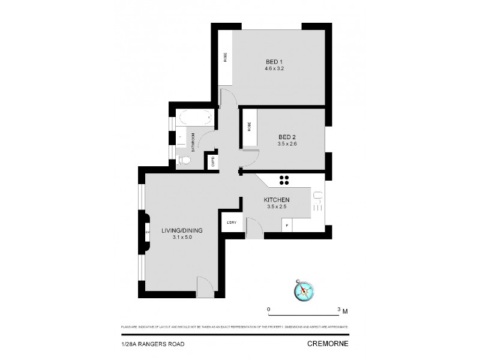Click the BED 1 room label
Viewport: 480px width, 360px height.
pos(274,61)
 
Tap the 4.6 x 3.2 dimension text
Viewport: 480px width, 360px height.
pos(274,68)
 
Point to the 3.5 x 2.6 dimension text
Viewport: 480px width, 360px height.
pos(287,145)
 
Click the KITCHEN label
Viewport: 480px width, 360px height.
pos(277,200)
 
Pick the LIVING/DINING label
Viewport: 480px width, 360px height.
pos(182,230)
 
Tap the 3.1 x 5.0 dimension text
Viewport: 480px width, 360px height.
pos(182,238)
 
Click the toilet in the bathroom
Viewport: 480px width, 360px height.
pos(184,160)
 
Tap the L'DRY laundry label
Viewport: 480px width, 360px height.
pos(232,223)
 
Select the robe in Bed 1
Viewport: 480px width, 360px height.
pos(225,58)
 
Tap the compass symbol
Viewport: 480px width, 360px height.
pos(304,290)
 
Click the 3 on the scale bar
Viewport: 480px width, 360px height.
pos(340,310)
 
